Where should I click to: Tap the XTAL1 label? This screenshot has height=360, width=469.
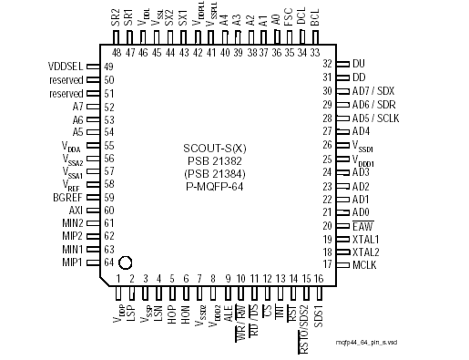(x=366, y=238)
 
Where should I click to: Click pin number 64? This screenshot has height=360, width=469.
(x=108, y=262)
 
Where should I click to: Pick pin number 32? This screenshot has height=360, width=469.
(x=327, y=64)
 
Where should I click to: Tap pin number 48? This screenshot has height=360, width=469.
(x=117, y=52)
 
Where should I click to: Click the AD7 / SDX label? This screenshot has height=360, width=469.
(x=374, y=91)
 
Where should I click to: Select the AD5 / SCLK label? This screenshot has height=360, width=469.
(x=377, y=118)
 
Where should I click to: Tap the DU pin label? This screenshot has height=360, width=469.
(x=358, y=64)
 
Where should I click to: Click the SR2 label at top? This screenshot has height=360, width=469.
(x=116, y=16)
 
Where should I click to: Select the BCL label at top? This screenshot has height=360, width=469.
(x=315, y=17)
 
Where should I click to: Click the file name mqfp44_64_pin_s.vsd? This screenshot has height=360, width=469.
(x=419, y=341)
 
